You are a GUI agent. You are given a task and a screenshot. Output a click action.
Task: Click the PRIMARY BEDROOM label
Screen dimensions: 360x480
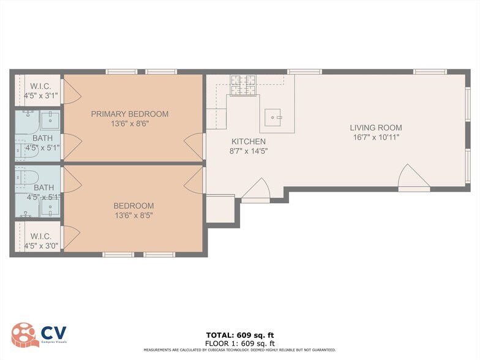coord(129,114)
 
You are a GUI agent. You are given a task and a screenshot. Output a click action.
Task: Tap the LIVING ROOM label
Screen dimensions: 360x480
coord(376,128)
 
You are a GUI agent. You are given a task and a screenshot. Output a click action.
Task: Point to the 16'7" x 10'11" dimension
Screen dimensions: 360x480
coord(376,138)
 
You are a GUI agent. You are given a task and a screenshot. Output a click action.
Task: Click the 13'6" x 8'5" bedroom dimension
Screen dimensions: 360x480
coord(133,216)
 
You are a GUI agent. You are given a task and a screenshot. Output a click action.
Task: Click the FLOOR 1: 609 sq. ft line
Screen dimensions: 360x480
coord(239,343)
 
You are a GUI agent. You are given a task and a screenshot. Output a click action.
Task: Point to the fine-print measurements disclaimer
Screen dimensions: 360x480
coord(239,350)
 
